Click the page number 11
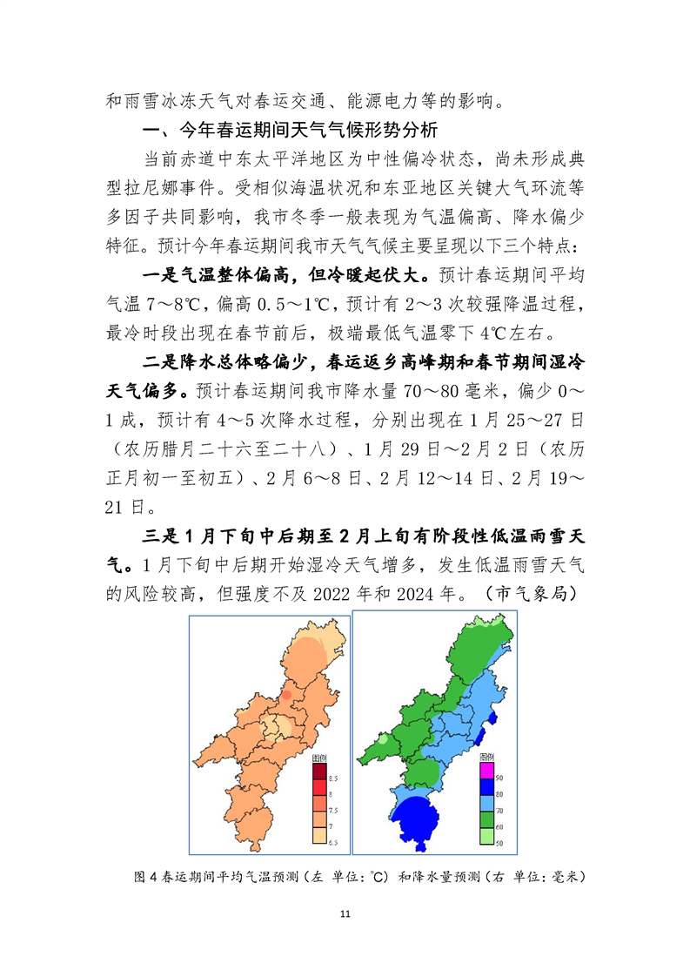click(345, 913)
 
